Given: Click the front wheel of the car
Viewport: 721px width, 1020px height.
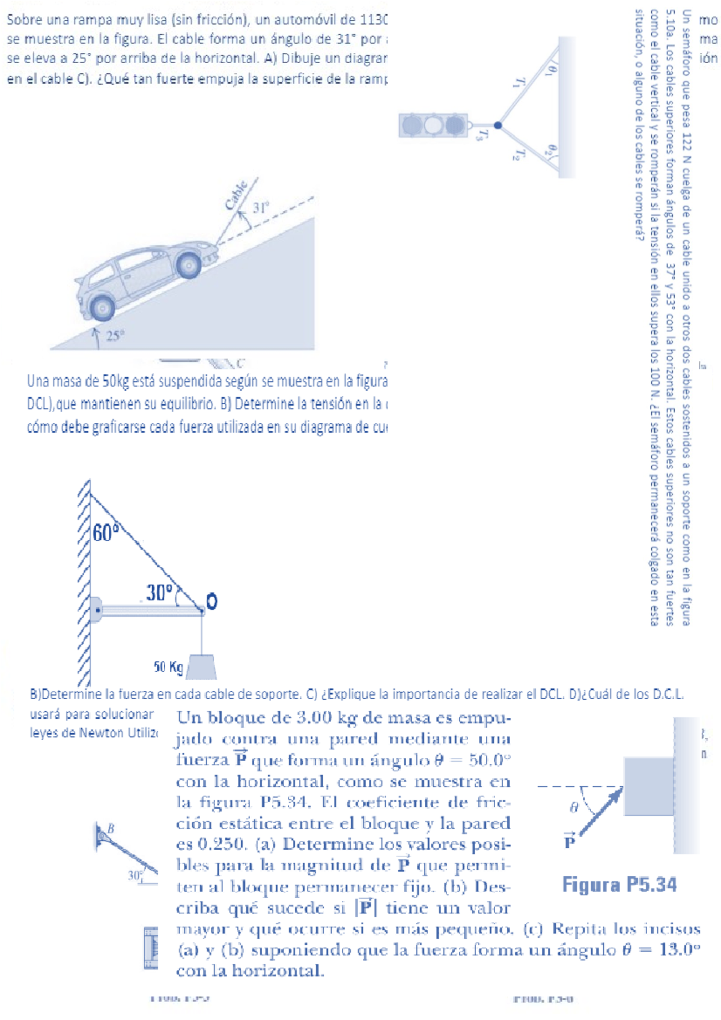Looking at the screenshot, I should coord(189,264).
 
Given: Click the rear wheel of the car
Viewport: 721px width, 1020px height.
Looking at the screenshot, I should coord(103,308).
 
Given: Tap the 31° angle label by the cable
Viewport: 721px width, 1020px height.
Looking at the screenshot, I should coord(261,208).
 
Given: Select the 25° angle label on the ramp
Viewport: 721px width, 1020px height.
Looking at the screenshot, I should coord(115,335).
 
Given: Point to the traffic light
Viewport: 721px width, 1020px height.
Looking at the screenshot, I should coord(433,125).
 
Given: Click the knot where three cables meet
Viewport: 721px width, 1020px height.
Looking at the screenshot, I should coord(497,126).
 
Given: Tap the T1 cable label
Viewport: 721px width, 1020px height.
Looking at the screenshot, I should coord(520,83).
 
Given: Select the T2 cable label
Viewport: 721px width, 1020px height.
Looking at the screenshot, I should coord(519,155).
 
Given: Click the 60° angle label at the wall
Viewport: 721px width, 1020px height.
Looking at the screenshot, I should coord(106,532).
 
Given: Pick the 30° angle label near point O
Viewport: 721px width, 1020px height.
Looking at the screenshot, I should coord(159,592).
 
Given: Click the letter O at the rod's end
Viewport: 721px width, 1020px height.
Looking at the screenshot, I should coord(211,601).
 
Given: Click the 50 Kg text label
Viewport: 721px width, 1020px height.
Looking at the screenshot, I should coord(168,666).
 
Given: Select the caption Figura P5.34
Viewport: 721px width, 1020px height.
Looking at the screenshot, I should coord(619,884).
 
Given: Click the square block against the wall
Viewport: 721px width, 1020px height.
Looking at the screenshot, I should coord(648,786).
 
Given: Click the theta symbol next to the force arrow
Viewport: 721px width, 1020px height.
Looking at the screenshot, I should coord(574,807).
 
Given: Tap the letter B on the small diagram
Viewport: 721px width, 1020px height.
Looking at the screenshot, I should coord(111,829).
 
